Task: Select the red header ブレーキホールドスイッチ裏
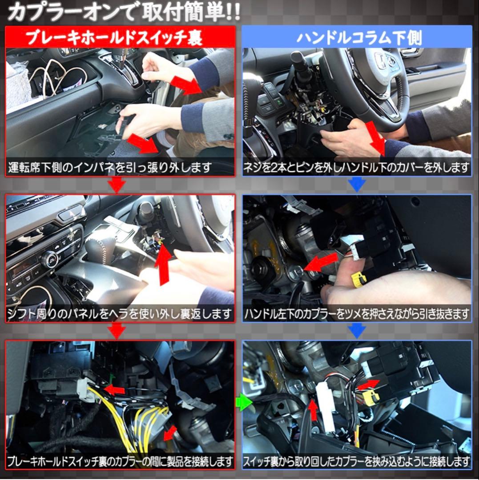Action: click(x=120, y=37)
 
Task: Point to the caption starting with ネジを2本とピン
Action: click(x=356, y=168)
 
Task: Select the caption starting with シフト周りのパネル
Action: click(x=119, y=315)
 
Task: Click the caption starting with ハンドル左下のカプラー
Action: click(x=356, y=315)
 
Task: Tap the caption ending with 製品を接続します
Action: click(x=120, y=460)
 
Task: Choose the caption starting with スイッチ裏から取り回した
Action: click(x=356, y=460)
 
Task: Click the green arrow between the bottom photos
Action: click(x=243, y=403)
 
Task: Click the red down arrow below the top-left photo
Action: click(x=117, y=184)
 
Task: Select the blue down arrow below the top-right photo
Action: click(x=357, y=184)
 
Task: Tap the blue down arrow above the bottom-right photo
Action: click(x=357, y=330)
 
